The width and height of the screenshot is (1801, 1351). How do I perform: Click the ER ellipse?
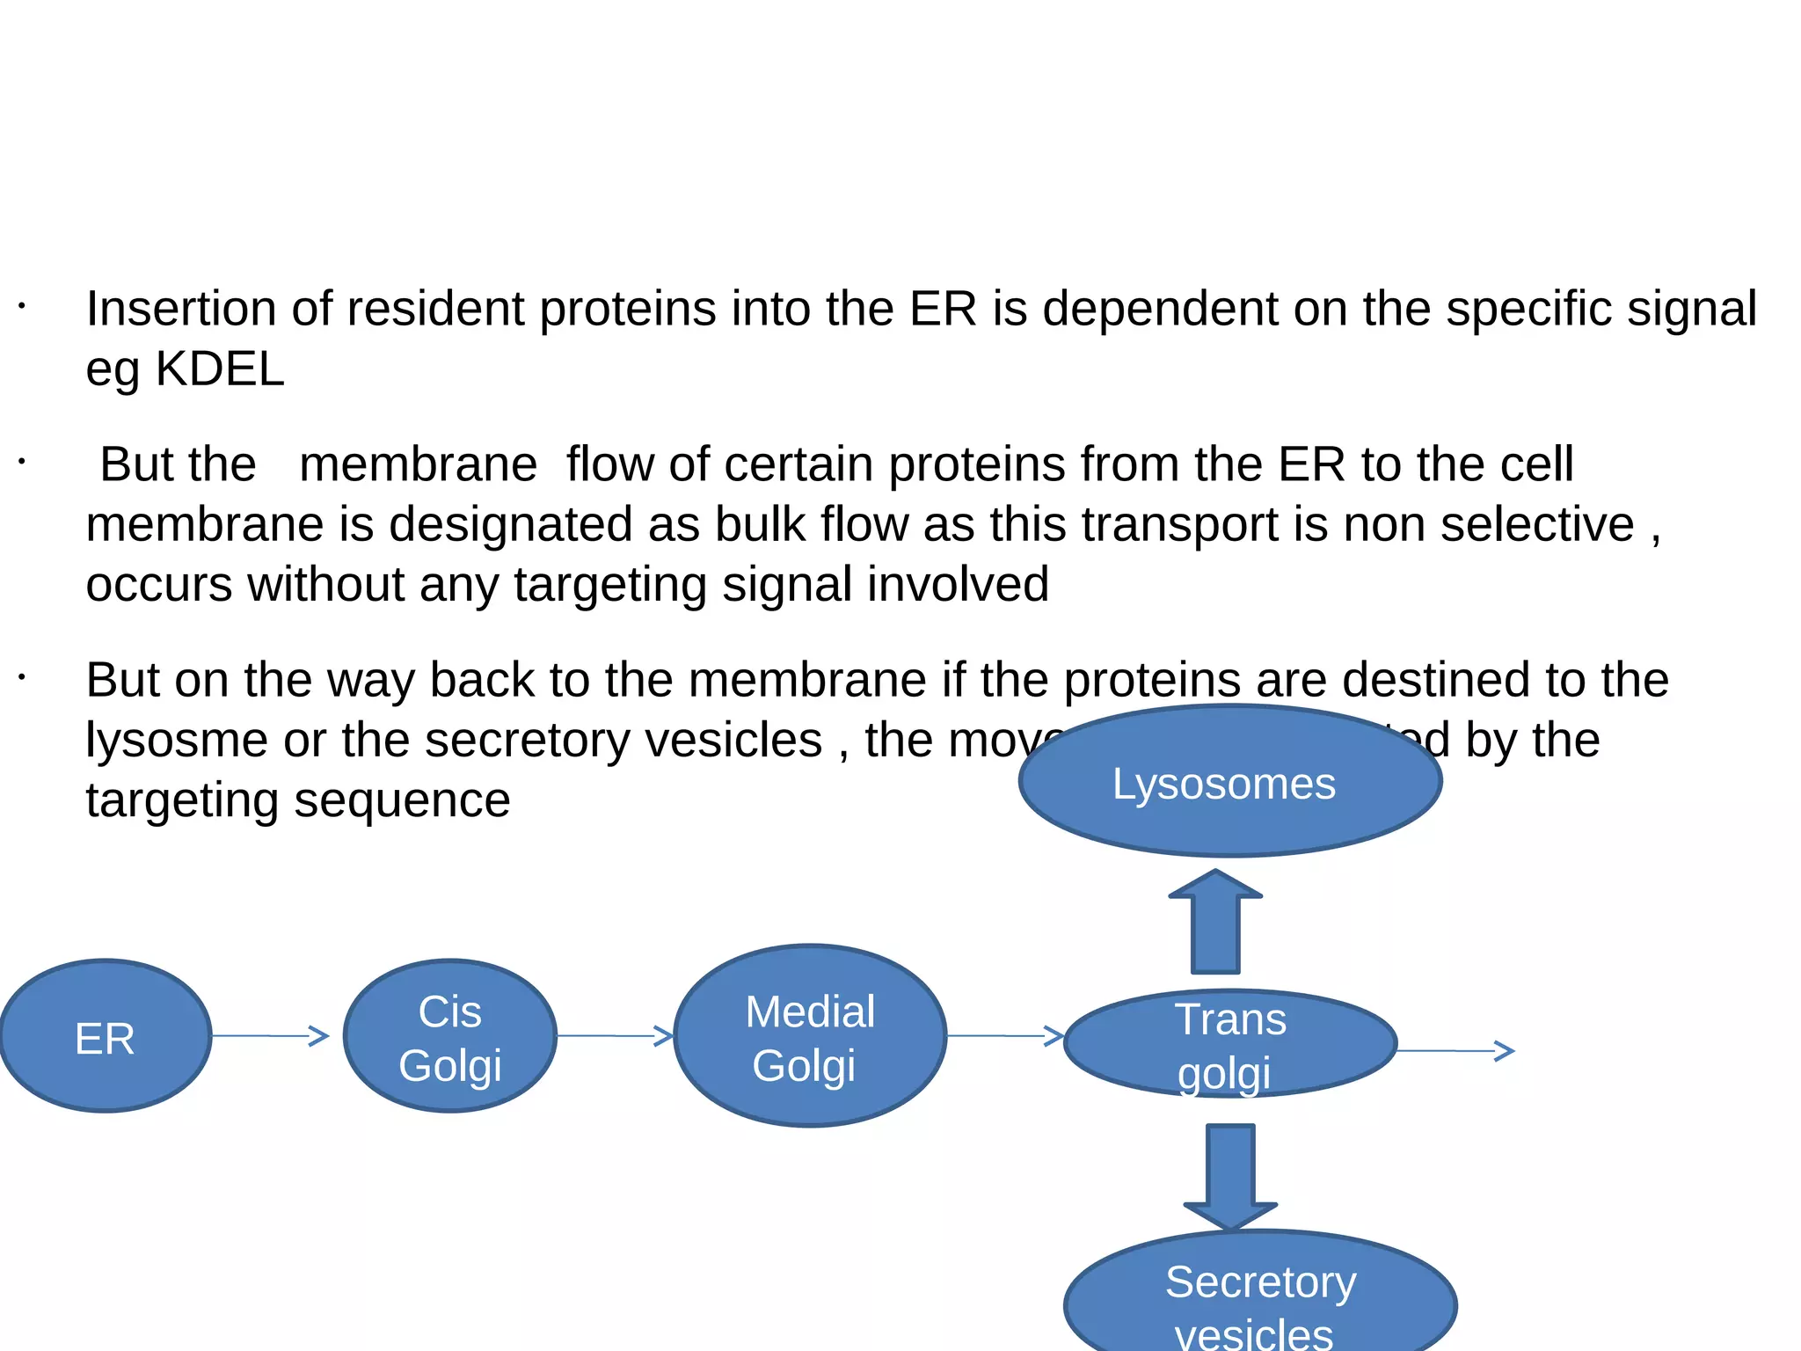click(x=106, y=1036)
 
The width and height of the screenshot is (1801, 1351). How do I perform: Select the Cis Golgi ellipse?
click(x=449, y=1036)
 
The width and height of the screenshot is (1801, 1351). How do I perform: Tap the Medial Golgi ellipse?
click(x=810, y=1036)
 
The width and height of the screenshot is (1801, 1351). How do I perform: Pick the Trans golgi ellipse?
click(x=1230, y=1044)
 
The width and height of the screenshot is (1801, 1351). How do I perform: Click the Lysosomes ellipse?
click(x=1229, y=781)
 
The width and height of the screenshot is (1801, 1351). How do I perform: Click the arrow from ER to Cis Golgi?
click(x=270, y=1036)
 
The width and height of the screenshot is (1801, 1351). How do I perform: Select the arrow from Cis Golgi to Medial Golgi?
click(x=615, y=1036)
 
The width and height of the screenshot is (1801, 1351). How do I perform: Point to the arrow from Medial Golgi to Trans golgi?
click(x=1005, y=1036)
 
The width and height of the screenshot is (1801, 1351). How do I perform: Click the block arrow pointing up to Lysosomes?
click(x=1215, y=924)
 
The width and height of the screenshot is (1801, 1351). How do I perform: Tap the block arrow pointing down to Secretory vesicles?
click(x=1230, y=1174)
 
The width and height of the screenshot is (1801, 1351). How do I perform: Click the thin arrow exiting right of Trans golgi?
click(x=1455, y=1050)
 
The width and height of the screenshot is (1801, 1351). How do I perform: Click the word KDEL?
click(x=220, y=369)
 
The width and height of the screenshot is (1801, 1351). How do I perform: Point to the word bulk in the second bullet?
click(x=760, y=524)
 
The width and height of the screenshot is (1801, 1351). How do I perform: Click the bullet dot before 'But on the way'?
click(x=22, y=677)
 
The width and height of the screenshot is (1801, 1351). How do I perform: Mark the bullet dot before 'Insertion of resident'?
click(x=22, y=306)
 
